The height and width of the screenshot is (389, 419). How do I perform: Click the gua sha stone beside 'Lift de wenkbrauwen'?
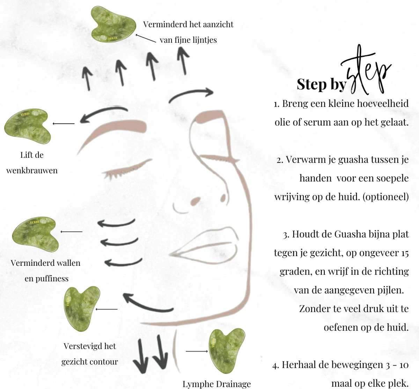(x=28, y=126)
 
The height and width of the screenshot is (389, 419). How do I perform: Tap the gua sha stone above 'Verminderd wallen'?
(x=36, y=234)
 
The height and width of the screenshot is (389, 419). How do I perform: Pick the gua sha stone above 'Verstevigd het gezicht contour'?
(x=82, y=309)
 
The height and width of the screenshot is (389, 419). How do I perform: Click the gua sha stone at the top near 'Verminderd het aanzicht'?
(x=113, y=24)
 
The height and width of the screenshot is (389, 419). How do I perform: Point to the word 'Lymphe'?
(x=196, y=384)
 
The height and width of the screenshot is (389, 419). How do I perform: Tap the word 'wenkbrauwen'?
(x=32, y=170)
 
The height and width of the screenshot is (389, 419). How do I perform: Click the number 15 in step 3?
(x=405, y=253)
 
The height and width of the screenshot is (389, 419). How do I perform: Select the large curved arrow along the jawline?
(x=148, y=304)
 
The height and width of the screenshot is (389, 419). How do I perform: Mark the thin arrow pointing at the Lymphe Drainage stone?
(x=197, y=351)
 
